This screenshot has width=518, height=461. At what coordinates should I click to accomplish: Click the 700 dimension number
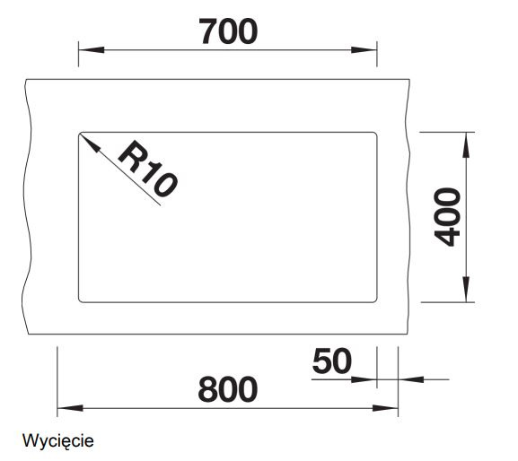click(228, 31)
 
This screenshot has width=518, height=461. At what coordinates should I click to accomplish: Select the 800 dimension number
click(228, 389)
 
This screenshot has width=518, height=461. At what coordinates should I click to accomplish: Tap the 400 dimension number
click(447, 217)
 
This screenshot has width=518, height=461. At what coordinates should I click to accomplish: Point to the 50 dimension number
click(332, 361)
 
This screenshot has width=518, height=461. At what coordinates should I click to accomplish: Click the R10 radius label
click(147, 169)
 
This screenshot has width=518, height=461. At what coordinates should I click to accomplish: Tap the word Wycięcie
click(57, 441)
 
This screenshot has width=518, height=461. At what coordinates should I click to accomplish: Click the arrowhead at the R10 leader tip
click(89, 143)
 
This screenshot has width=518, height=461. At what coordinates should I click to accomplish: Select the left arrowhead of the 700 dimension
click(92, 50)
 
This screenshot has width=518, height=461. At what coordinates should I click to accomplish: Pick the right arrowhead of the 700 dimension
click(364, 50)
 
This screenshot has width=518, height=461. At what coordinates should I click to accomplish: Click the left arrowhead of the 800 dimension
click(70, 408)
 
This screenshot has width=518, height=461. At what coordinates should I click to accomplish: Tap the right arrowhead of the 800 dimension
click(385, 408)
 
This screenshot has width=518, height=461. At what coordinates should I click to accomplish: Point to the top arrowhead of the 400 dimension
click(466, 144)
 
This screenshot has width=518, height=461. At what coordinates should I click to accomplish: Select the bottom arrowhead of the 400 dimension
click(466, 290)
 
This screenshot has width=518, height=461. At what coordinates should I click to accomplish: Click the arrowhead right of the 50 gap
click(411, 379)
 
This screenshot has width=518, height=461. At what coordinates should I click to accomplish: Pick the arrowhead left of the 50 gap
click(364, 379)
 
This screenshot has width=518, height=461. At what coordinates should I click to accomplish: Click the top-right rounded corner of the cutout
click(375, 134)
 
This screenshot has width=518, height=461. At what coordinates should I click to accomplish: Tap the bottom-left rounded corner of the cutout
click(80, 300)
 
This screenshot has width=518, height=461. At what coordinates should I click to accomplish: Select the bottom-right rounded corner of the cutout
click(375, 300)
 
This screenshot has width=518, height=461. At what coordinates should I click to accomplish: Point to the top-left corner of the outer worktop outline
click(26, 79)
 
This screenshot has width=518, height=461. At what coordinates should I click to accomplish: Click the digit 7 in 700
click(208, 31)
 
